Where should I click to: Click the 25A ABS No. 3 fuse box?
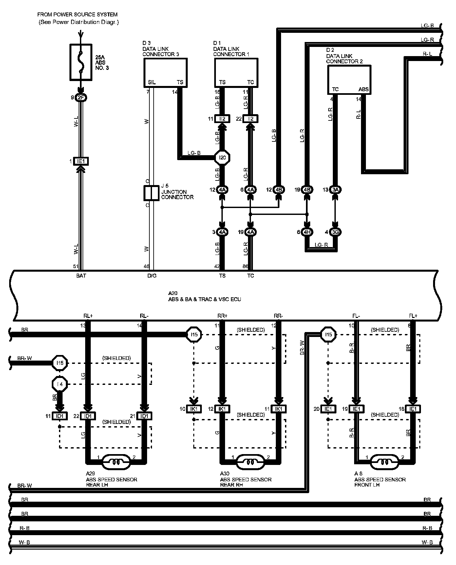tap(81, 62)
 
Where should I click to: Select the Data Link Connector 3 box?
tap(165, 73)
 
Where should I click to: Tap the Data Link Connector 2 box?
tap(349, 80)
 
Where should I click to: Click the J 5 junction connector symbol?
tap(151, 193)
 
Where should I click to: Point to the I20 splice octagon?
tap(222, 158)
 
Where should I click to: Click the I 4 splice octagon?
tap(60, 384)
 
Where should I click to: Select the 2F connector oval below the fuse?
tap(81, 97)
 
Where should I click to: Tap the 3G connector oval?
tap(335, 232)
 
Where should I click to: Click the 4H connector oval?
tap(307, 232)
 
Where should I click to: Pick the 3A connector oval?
tap(335, 190)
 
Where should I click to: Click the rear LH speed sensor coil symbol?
tap(116, 462)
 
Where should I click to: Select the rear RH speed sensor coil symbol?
tap(250, 462)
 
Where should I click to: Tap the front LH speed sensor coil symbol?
tap(385, 462)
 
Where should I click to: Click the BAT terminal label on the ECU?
tap(81, 276)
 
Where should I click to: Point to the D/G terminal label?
tap(152, 276)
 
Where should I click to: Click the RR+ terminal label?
tap(222, 316)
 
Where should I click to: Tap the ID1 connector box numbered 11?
tap(60, 416)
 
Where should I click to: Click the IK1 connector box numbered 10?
tap(194, 409)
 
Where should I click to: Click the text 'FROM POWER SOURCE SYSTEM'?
tap(77, 15)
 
